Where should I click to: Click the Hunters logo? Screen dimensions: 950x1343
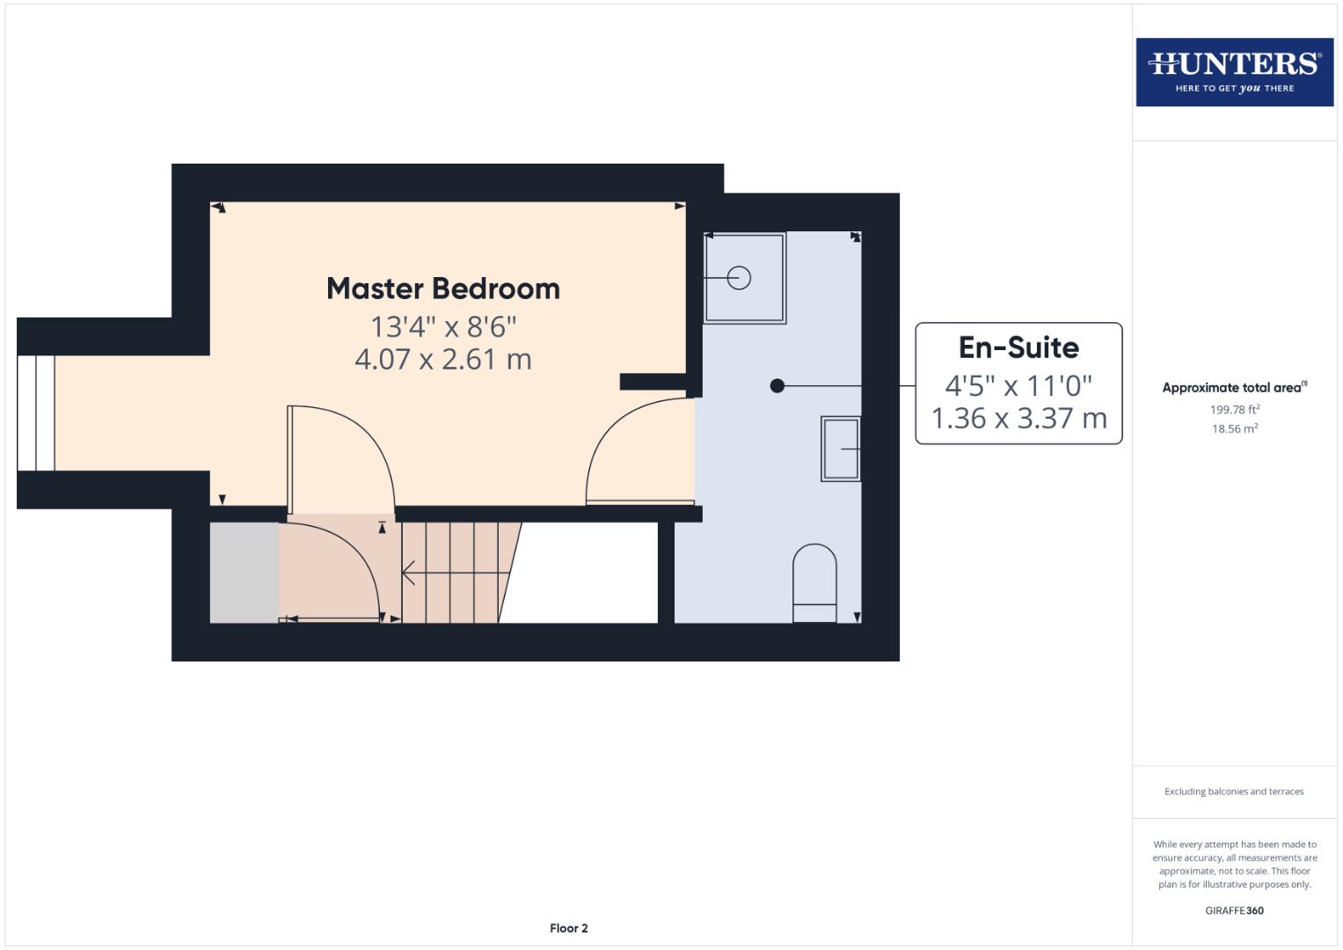1234,71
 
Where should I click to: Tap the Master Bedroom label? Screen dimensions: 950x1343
442,289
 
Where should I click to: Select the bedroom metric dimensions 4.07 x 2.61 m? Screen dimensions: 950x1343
442,359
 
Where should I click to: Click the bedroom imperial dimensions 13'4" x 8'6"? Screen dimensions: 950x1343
442,326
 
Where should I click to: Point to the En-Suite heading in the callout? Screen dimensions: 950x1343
1018,347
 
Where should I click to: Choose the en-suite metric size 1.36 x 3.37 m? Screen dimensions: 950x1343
1018,418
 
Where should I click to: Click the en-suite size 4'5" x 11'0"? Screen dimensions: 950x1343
1018,385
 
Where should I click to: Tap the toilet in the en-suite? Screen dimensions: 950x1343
814,583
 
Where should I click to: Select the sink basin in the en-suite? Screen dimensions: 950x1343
841,449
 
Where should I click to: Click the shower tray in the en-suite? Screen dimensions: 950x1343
744,278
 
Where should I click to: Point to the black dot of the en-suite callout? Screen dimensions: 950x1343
777,385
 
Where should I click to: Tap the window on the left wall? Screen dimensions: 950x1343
36,413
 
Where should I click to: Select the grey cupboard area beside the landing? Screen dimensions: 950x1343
245,573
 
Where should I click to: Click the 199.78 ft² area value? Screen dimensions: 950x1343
1234,409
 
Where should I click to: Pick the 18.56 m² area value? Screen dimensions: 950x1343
1234,428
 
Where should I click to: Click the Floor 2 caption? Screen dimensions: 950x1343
568,928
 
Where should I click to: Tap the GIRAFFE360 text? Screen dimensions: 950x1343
1234,910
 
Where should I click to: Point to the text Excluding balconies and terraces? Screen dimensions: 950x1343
1234,792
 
